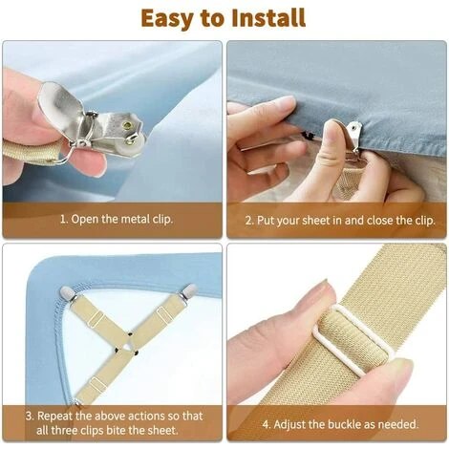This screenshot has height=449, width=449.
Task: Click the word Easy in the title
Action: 168,19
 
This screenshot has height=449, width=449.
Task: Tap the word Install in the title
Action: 268,17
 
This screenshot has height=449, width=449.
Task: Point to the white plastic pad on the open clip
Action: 136,144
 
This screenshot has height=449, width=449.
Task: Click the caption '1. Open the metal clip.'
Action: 117,219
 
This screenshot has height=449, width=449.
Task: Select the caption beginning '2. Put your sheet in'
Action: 340,221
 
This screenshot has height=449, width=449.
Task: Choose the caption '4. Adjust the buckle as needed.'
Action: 340,424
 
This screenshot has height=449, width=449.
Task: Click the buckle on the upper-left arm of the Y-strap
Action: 96,319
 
